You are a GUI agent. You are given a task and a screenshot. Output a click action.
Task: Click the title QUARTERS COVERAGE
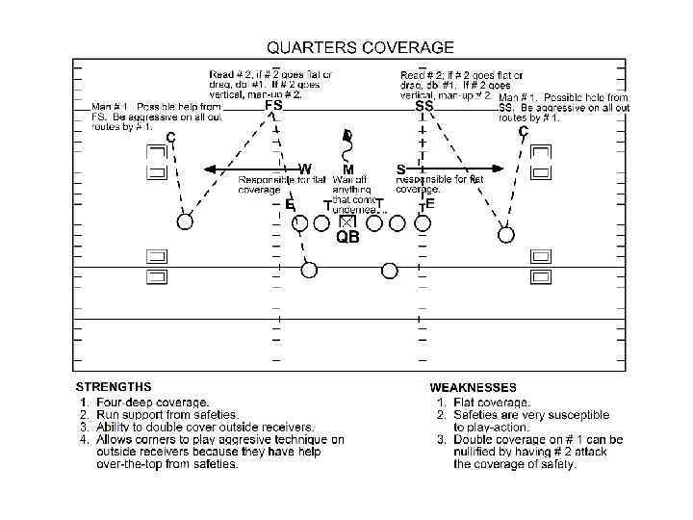coord(360,46)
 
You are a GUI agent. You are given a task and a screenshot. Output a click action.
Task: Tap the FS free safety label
coord(273,108)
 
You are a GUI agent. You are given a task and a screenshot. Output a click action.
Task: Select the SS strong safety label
coord(424,108)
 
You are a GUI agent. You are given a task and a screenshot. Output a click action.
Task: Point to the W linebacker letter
coord(305,169)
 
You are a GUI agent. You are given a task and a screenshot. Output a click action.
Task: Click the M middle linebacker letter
coord(348,169)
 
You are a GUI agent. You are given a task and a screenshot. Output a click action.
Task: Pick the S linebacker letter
coord(400,169)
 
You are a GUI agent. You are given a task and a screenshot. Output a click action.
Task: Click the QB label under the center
coord(347,238)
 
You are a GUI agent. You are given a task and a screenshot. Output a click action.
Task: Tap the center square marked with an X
coord(347,222)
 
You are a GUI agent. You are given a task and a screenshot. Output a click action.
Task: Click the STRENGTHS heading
coord(114,386)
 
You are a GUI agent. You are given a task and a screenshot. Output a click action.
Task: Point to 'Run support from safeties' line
coord(160,415)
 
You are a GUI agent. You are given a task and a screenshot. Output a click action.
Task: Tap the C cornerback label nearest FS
coord(171,138)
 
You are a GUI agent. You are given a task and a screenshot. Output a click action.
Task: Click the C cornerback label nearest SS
coord(524,131)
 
